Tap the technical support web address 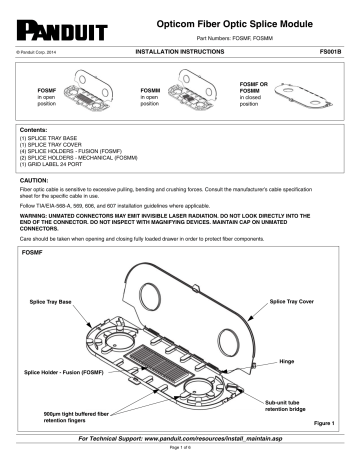tap(180, 439)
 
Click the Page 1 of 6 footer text tap(179, 455)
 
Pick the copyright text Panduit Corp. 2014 tap(40, 48)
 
